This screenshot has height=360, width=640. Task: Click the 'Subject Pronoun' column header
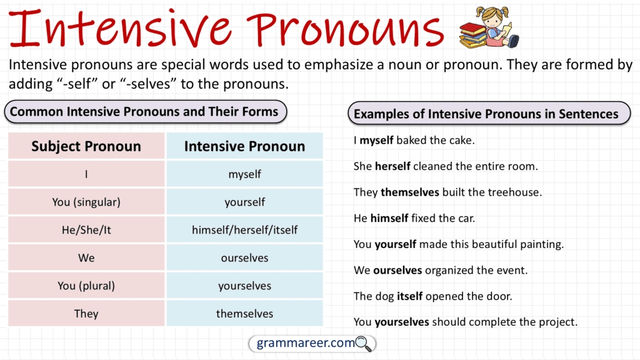point(86,146)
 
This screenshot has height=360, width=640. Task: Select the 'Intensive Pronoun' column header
point(244,146)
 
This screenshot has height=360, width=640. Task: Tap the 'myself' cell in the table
point(244,174)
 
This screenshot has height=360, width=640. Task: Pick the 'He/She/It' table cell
point(86,230)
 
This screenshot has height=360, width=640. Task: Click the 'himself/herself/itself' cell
point(244,230)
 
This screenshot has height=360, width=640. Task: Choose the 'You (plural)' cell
point(86,286)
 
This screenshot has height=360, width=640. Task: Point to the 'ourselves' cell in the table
point(244,257)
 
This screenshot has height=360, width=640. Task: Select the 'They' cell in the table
point(86,313)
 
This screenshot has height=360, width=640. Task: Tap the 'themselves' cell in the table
point(244,313)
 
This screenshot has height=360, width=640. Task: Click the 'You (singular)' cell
point(86,202)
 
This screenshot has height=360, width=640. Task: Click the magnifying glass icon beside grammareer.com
point(364,343)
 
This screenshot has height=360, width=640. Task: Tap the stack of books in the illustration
point(474,34)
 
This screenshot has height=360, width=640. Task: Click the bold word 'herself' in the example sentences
point(392,166)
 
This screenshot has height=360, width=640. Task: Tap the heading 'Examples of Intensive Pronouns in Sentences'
point(486,114)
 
